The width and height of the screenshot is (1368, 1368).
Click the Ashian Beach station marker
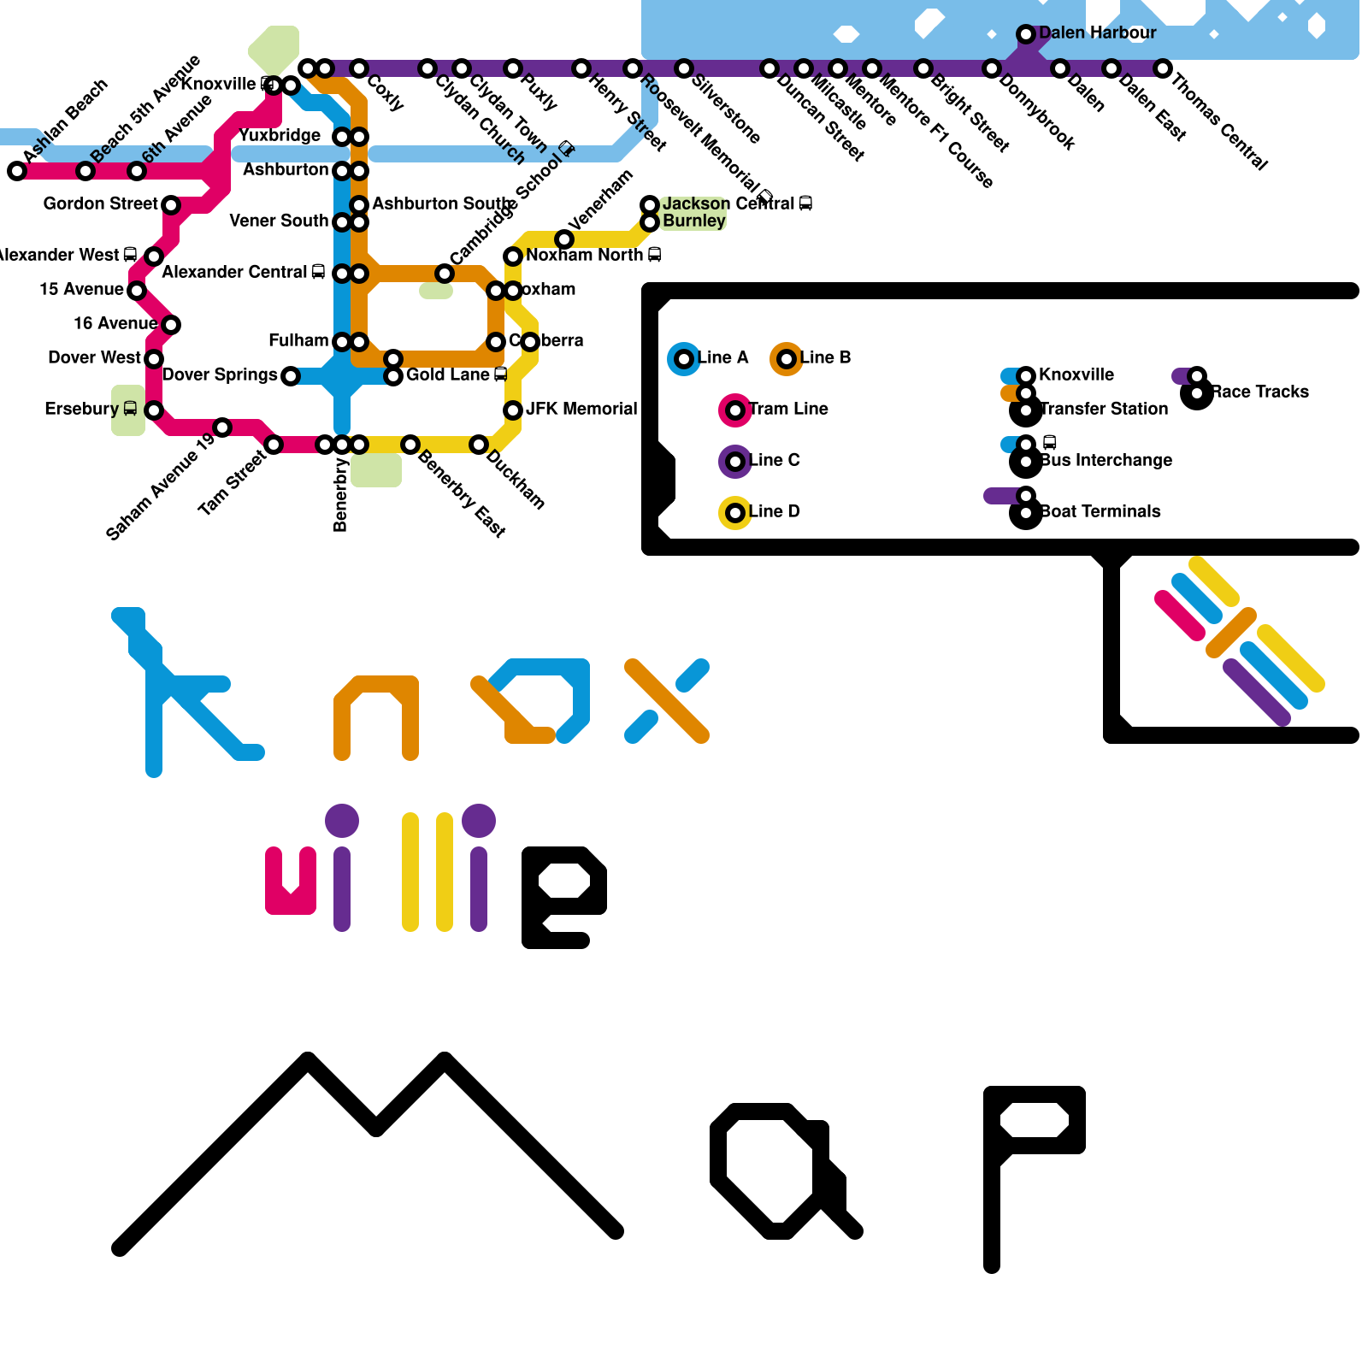tap(17, 171)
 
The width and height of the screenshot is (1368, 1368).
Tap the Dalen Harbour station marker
tap(1026, 34)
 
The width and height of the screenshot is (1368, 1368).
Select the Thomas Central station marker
tap(1163, 68)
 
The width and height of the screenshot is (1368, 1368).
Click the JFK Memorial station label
tap(581, 409)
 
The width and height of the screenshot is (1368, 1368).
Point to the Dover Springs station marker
tap(291, 376)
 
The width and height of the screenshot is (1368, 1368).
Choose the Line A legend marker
tap(684, 359)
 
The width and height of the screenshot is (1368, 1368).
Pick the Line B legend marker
tap(787, 359)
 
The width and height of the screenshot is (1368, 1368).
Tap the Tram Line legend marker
tap(735, 410)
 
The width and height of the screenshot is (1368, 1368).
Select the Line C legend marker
tap(735, 462)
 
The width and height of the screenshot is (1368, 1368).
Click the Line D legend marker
tap(735, 513)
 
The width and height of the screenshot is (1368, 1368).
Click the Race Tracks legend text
tap(1259, 392)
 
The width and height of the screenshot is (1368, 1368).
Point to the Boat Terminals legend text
tap(1100, 511)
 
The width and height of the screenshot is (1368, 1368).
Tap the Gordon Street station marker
tap(171, 205)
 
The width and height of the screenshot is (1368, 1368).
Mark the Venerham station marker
tap(564, 239)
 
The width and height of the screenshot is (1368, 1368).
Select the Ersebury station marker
tap(154, 410)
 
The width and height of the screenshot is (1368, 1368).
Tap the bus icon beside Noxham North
tap(655, 255)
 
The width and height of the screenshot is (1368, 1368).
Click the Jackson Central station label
tap(728, 203)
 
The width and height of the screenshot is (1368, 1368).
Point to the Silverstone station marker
tap(684, 68)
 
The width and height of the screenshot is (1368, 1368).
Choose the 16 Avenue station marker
tap(171, 325)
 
